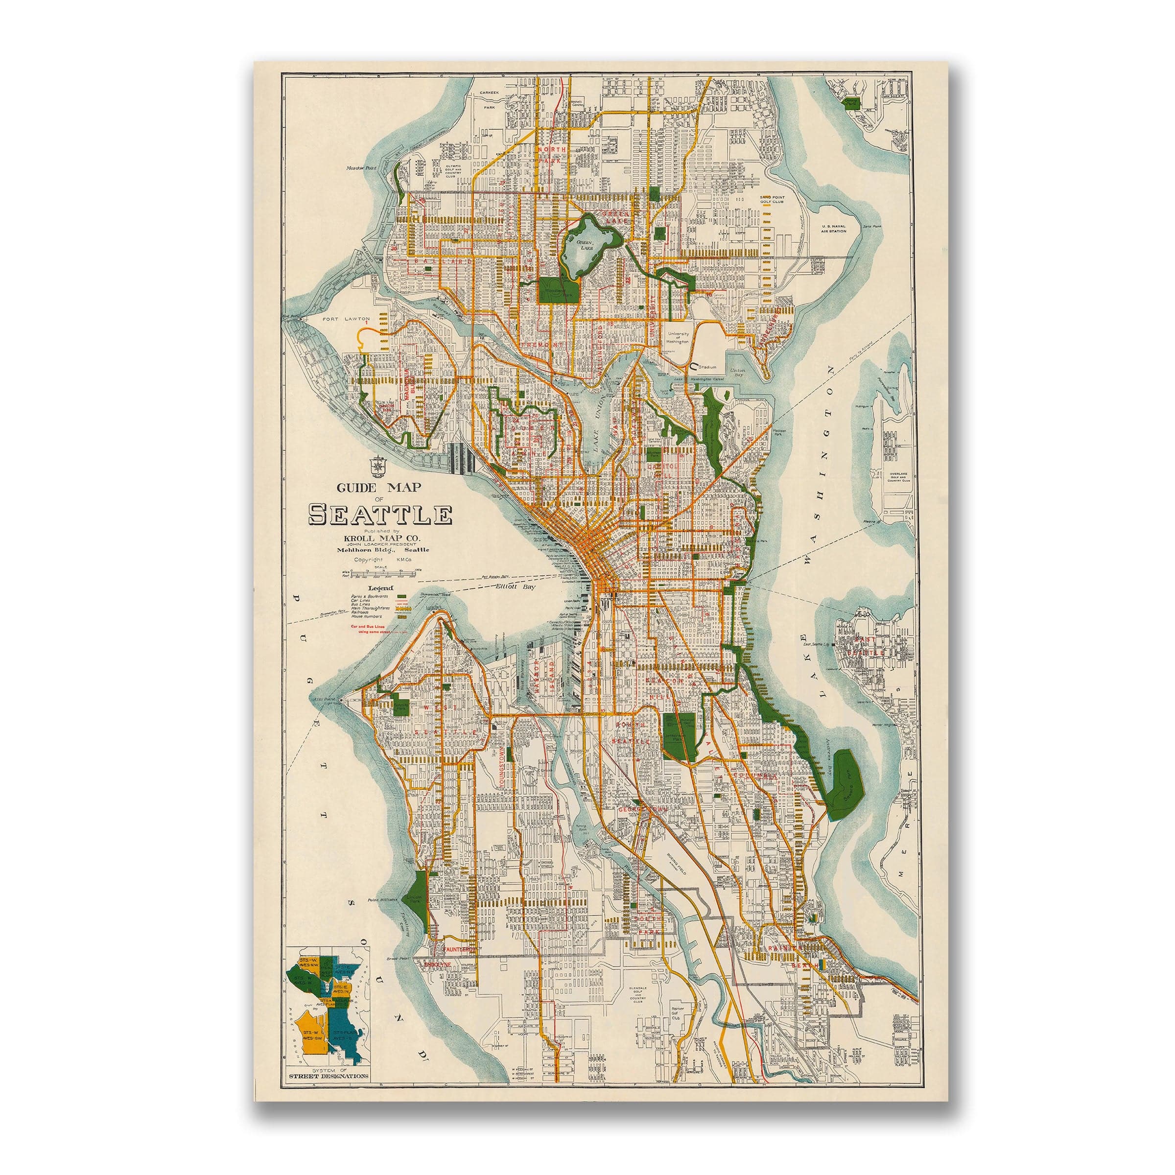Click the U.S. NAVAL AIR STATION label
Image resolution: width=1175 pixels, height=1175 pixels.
pyautogui.click(x=836, y=228)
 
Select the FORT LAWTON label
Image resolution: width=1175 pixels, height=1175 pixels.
pyautogui.click(x=342, y=317)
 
